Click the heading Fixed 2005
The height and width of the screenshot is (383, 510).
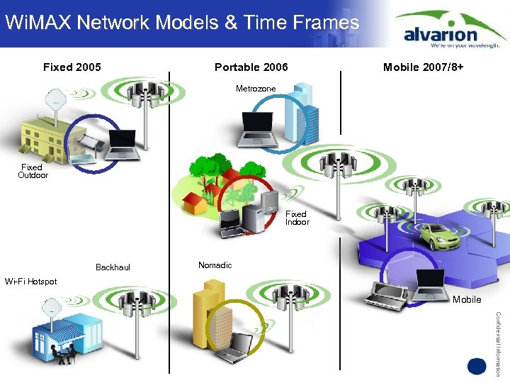[72, 67]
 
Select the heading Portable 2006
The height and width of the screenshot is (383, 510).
[251, 67]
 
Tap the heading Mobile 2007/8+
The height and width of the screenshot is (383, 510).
[424, 67]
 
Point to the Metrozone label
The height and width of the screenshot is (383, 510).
[256, 89]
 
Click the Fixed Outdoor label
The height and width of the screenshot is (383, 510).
[34, 171]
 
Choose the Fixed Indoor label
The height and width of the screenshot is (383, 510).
[297, 218]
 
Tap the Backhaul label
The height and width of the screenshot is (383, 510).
[113, 267]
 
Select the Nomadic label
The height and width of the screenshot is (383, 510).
[215, 265]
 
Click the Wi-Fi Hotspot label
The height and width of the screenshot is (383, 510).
[30, 282]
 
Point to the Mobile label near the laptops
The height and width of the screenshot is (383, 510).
[467, 299]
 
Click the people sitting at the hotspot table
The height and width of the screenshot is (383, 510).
[63, 353]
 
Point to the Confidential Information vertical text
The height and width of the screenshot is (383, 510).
[499, 343]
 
